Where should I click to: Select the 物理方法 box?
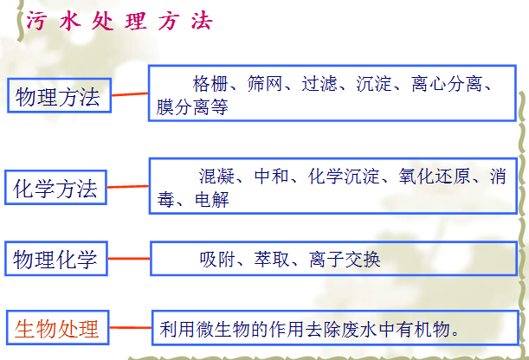[58, 96]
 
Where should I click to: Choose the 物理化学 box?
[57, 258]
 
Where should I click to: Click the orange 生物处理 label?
[58, 329]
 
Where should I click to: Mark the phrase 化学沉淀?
[339, 177]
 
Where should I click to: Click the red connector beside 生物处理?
[132, 328]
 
